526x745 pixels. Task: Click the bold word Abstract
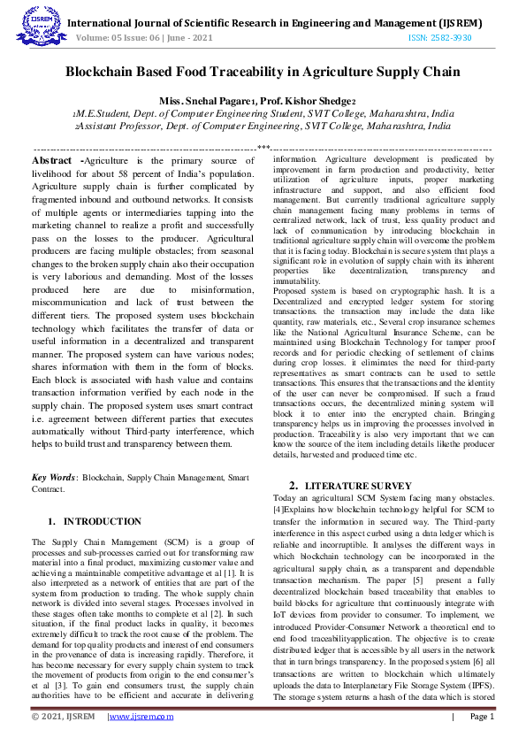[x=53, y=161]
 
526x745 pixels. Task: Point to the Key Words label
[x=53, y=475]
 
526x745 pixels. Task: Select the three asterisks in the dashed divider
[x=263, y=147]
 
